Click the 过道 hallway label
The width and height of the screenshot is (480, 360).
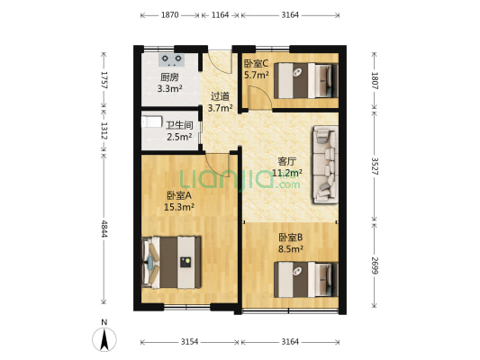220,96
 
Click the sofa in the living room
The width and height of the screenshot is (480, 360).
324,165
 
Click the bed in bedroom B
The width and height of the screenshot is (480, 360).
303,278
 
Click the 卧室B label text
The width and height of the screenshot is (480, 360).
289,238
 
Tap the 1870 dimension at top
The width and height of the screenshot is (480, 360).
168,15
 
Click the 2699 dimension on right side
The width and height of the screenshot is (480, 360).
376,267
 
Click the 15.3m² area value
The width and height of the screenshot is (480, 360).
179,207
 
